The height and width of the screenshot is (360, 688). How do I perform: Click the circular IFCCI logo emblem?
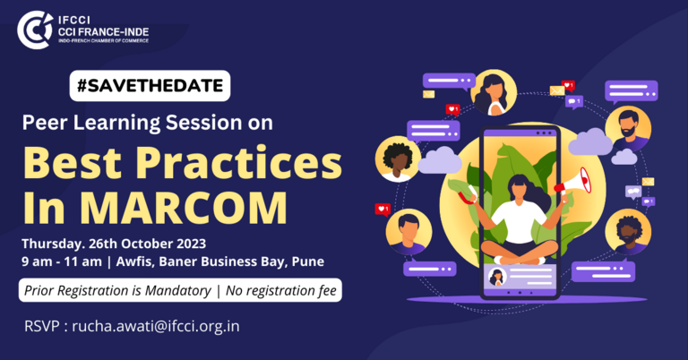(x=35, y=30)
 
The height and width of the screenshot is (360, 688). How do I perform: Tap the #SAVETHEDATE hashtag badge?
(x=150, y=86)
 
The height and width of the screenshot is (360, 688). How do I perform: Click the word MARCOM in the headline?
(x=184, y=208)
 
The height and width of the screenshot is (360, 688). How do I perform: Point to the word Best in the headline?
(x=72, y=162)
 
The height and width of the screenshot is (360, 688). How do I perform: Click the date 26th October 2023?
(x=148, y=244)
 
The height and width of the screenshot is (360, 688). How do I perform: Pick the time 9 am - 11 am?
(x=62, y=261)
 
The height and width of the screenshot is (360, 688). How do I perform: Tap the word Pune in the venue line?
(x=308, y=261)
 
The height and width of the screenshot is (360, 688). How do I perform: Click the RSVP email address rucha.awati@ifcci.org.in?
(x=156, y=327)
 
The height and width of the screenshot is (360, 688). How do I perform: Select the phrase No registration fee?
(x=281, y=291)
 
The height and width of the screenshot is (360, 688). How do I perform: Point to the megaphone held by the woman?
(x=574, y=182)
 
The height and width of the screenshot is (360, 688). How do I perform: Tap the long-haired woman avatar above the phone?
(x=494, y=93)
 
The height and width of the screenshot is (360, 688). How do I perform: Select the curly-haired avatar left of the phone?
(x=398, y=159)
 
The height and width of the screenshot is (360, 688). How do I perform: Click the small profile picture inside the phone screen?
(x=497, y=277)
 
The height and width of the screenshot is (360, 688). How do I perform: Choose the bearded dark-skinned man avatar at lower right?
(x=628, y=232)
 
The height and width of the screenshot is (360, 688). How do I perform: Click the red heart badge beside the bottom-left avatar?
(x=383, y=210)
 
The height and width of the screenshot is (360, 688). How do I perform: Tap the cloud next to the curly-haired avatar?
(x=440, y=160)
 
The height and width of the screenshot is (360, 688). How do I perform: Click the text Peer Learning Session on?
(x=148, y=123)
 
